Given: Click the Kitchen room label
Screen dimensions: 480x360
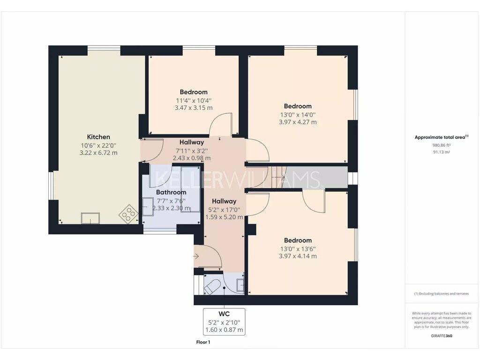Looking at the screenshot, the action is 98,137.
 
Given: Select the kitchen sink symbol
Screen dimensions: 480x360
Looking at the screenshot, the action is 90,218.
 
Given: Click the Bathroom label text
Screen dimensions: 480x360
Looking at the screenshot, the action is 171,192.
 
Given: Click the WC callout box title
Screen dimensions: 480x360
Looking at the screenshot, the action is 224,314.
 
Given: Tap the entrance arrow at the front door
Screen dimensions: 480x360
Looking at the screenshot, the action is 196,256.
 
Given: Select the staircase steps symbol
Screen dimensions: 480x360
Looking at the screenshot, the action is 277,177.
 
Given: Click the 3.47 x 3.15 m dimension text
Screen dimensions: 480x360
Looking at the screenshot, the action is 194,108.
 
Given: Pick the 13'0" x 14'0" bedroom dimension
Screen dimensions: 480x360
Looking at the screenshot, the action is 298,115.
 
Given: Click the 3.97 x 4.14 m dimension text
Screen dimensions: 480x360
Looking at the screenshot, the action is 298,256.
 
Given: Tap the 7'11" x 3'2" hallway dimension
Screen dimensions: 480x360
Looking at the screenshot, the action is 192,150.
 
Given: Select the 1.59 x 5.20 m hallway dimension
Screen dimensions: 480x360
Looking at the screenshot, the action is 224,217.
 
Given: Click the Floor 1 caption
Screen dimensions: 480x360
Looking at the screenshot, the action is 203,342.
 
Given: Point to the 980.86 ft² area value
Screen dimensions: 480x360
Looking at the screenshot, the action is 442,145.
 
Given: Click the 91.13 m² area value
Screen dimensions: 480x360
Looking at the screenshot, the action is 442,152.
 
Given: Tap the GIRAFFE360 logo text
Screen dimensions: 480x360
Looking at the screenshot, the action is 442,336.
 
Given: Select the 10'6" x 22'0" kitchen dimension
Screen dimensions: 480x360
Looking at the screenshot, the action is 98,146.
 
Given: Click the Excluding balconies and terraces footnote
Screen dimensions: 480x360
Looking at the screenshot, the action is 442,293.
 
